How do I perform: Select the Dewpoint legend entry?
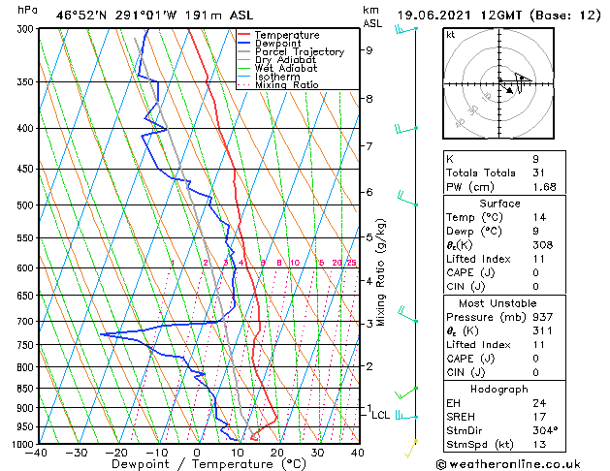[278, 44]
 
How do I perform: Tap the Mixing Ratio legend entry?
[286, 85]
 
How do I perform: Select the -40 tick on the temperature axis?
[37, 453]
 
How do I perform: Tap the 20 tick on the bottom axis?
[276, 453]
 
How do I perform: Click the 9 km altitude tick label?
[369, 50]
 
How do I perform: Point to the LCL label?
[381, 415]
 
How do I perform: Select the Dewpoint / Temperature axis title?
[197, 464]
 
